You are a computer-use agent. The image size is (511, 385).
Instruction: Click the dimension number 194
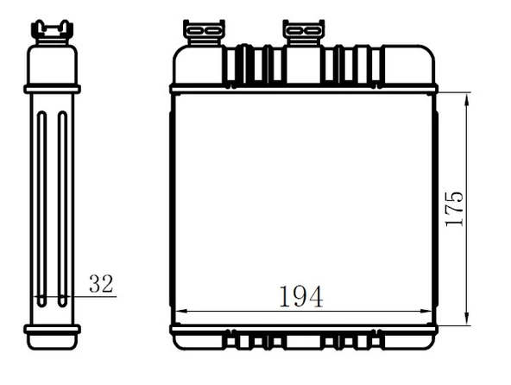point(300,296)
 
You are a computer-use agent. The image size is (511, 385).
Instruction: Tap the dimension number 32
point(100,283)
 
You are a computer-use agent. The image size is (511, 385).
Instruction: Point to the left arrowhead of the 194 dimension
point(180,311)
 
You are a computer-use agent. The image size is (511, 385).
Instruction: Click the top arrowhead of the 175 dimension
point(467,98)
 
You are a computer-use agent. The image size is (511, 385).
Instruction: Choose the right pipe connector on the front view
point(303,32)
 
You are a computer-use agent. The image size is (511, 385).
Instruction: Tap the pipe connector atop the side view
point(52,30)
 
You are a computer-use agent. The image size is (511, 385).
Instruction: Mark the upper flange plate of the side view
point(52,89)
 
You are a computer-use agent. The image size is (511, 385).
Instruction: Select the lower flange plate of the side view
point(52,328)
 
